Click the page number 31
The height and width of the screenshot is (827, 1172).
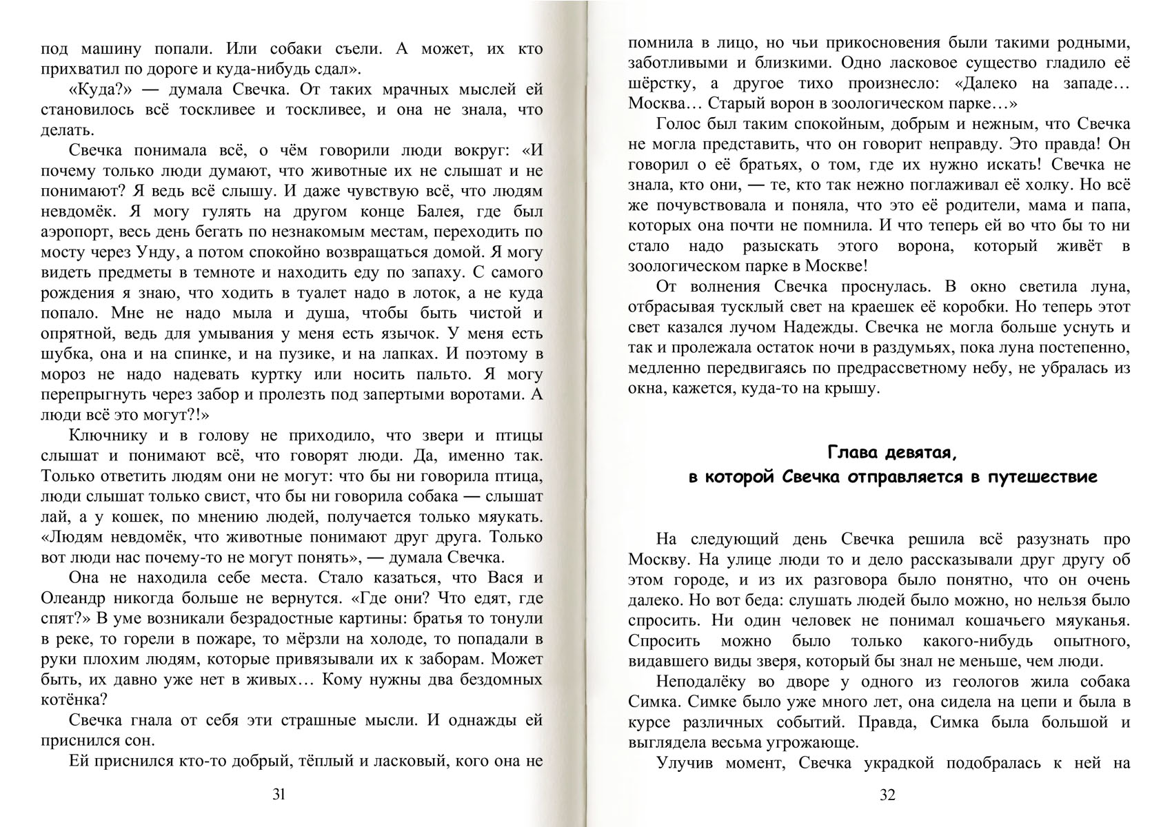point(279,795)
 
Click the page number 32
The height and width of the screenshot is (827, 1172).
point(887,795)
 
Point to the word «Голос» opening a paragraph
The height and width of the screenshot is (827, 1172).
point(678,124)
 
